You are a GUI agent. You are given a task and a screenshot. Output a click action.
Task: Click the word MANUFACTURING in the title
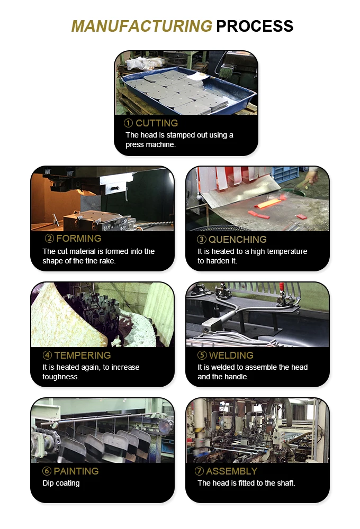(141, 26)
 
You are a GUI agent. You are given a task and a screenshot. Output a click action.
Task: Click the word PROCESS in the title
(255, 26)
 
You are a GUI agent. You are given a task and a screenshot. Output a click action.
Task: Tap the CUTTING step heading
(157, 123)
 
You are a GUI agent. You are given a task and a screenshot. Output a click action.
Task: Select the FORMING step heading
(78, 239)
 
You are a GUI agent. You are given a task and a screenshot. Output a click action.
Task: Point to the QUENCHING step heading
(238, 240)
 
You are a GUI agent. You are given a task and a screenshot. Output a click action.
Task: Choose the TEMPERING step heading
(82, 355)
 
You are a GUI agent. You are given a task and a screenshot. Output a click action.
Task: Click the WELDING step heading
(231, 355)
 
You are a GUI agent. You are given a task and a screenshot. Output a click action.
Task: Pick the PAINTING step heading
(76, 471)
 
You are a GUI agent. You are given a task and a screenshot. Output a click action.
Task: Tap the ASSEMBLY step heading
(232, 471)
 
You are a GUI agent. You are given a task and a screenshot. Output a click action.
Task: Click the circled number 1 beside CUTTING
(128, 123)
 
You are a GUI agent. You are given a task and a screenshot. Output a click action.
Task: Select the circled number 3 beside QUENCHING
(201, 240)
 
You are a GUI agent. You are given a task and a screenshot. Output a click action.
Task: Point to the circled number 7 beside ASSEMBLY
(200, 471)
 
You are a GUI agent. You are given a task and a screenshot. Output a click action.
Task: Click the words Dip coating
(61, 483)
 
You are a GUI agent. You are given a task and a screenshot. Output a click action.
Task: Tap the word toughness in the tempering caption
(61, 377)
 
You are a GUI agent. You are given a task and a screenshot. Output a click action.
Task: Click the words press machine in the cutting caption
(150, 144)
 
